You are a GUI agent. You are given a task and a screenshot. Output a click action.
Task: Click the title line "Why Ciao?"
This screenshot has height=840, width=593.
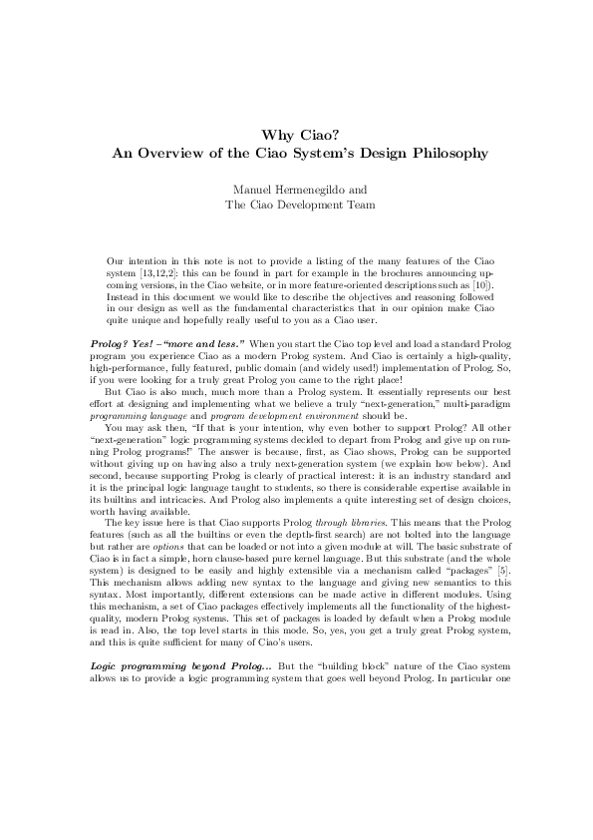click(296, 135)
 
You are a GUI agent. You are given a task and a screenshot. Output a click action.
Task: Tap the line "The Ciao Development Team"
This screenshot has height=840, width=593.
click(296, 206)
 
